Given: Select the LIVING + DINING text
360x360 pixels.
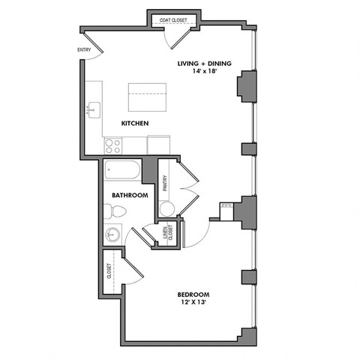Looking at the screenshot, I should pos(203,64).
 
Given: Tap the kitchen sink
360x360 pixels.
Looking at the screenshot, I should pos(92,110).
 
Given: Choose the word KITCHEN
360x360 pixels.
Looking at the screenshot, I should pos(135,122).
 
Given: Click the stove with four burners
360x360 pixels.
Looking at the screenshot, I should pos(114,144).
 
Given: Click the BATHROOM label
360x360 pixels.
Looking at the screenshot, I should pos(130,195).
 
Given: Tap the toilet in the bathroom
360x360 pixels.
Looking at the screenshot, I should pos(112,212).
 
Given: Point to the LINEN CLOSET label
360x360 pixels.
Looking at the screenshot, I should pos(166,234).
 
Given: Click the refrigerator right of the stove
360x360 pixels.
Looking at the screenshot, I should pos(158,144).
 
